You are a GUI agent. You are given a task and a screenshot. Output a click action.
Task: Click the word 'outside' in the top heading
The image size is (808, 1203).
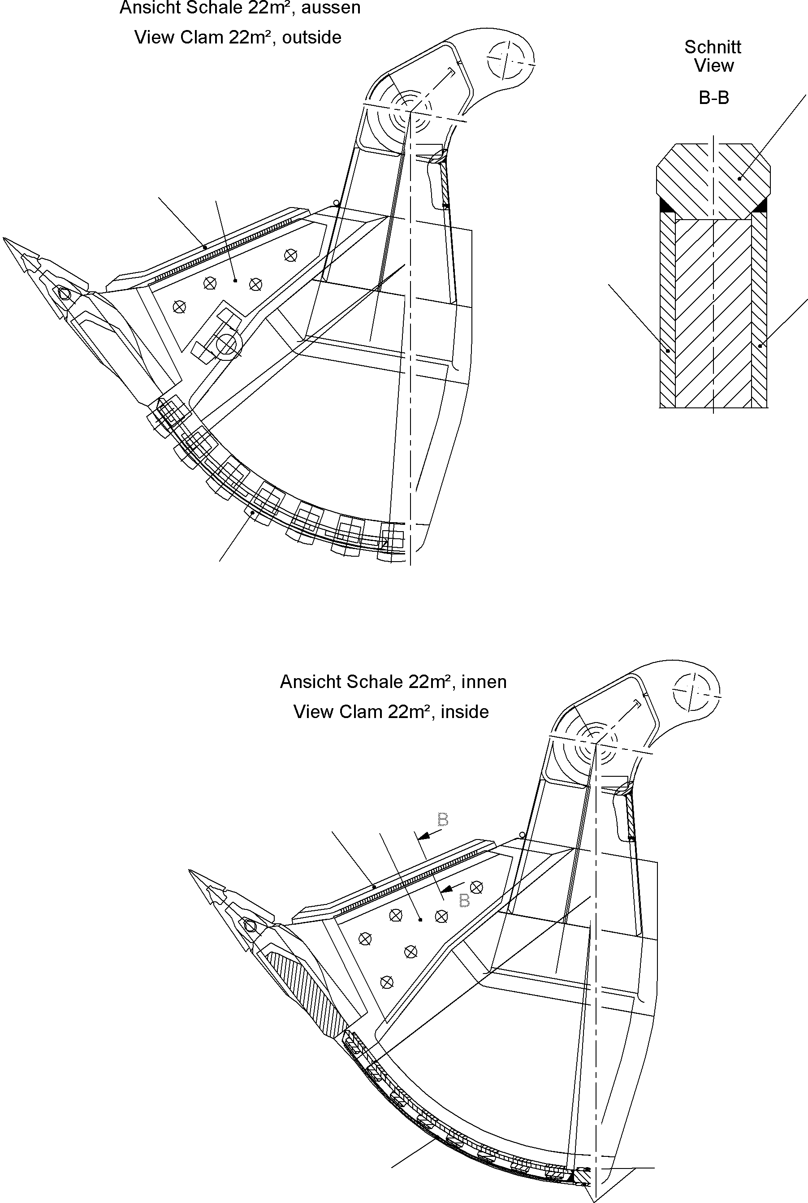pos(311,38)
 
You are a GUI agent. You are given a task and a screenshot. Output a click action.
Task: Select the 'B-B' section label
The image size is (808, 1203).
pos(714,98)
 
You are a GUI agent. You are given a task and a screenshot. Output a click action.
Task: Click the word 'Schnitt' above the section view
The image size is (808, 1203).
pos(712,47)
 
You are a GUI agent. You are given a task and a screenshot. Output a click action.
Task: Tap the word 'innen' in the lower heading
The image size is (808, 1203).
pos(484,682)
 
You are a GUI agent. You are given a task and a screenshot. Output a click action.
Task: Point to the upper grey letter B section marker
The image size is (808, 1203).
pos(443,819)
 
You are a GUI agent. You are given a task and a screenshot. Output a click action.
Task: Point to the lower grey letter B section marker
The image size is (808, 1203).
pos(464,900)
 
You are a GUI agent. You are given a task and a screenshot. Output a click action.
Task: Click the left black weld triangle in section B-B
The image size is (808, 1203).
pos(666,205)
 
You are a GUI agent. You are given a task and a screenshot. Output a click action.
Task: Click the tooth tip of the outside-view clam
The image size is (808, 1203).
pos(5,240)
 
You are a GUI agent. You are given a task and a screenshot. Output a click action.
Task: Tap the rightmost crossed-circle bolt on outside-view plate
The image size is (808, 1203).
pos(291,255)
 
